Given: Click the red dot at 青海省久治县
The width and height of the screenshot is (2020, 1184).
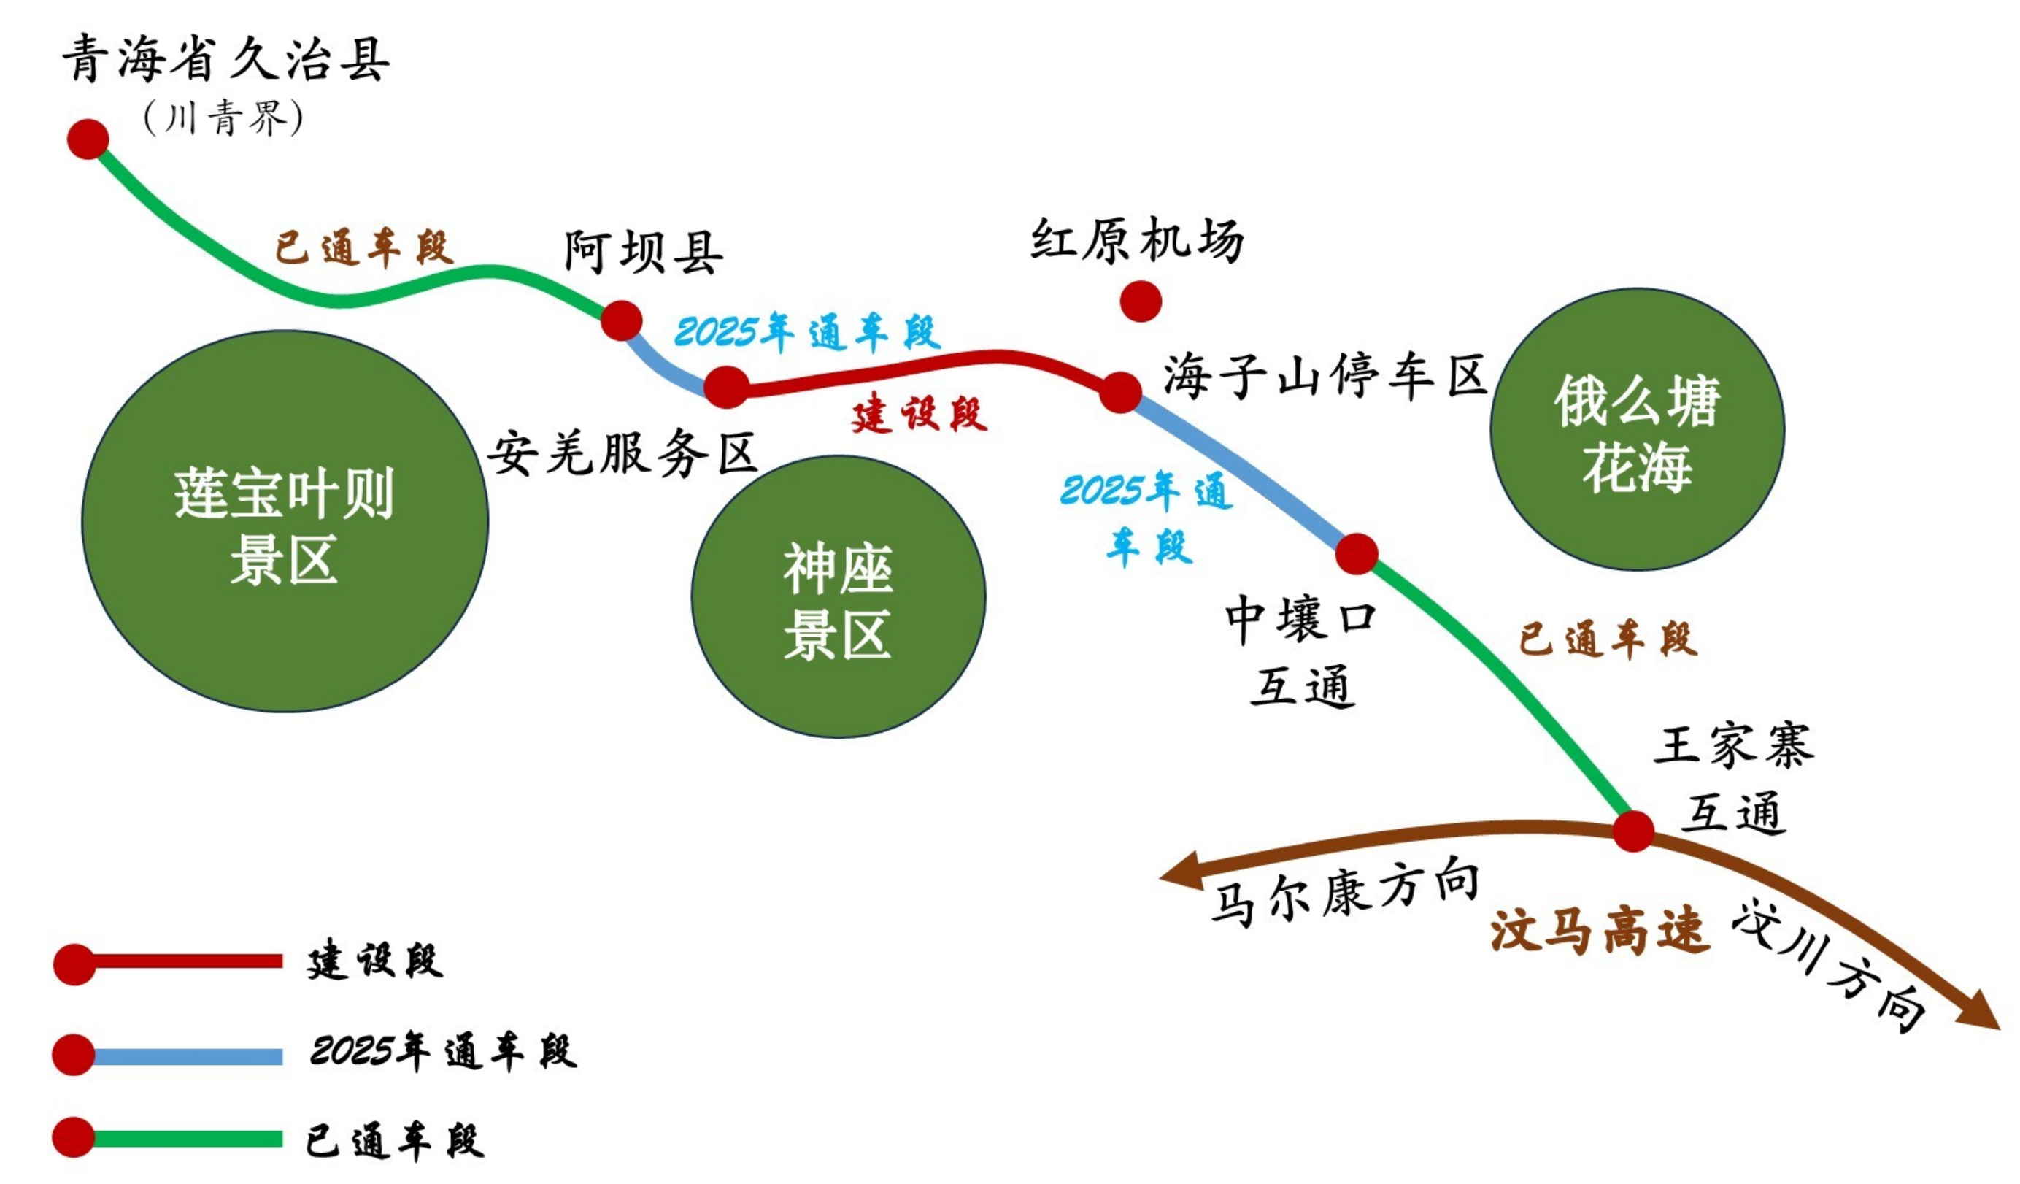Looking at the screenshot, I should (x=88, y=139).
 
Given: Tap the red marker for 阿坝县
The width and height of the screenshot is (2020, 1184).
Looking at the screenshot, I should (x=621, y=320).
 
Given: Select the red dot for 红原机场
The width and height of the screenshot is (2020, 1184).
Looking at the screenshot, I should (x=1140, y=301).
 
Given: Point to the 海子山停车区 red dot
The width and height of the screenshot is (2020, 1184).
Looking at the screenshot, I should (x=1119, y=392).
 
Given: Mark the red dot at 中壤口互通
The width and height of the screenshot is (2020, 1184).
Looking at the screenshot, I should (x=1357, y=554).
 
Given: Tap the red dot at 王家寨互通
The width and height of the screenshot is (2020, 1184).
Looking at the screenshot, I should (x=1632, y=831).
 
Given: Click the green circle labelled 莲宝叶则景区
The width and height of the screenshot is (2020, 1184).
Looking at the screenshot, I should (x=285, y=521).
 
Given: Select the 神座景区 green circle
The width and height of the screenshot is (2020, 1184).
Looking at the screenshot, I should (x=839, y=597).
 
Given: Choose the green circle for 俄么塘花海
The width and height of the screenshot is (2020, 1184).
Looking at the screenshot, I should (x=1637, y=430).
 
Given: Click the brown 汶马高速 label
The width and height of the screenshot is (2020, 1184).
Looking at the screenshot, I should (x=1599, y=931).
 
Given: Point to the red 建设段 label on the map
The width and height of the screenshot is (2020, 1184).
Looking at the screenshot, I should (x=919, y=415).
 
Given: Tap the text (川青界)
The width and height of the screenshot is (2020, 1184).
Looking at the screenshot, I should (x=223, y=119).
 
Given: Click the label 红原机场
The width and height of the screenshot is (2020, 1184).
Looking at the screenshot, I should (x=1137, y=239).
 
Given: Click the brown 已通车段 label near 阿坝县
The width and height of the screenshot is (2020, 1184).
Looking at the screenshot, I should (x=364, y=247).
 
